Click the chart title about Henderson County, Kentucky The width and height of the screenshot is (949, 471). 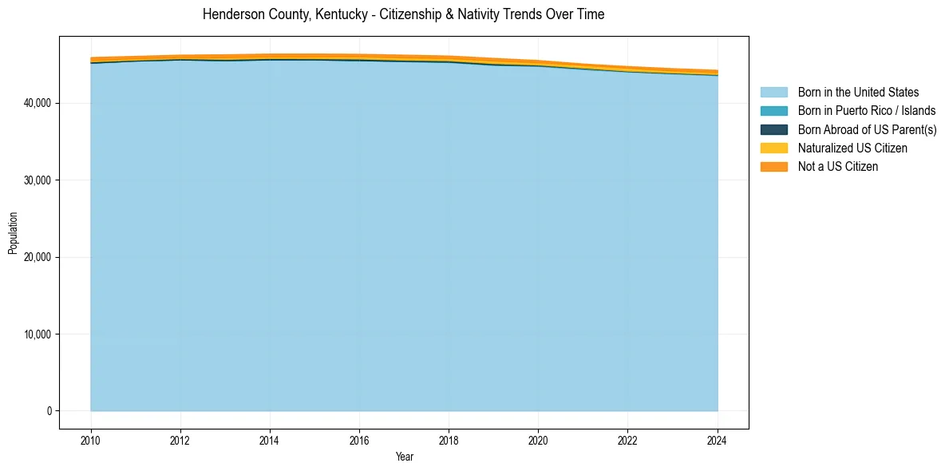point(403,14)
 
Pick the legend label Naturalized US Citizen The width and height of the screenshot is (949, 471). point(852,148)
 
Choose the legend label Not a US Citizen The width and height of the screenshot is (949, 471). point(837,167)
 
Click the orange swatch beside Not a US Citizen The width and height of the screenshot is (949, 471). point(773,167)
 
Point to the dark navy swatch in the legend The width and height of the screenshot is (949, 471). point(773,129)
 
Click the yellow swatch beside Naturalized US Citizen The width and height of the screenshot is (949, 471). point(773,148)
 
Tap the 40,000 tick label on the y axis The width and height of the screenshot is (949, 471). point(38,103)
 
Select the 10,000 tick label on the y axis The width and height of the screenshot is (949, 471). point(38,334)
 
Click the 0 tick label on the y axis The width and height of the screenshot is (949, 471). point(49,411)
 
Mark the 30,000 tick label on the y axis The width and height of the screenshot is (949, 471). point(38,180)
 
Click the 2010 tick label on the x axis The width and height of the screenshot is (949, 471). point(91,439)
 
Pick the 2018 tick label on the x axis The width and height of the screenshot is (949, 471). point(449,439)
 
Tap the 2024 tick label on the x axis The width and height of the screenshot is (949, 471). point(717,439)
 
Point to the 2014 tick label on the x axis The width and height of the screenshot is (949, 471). point(270,439)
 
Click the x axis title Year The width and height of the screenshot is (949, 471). point(404,457)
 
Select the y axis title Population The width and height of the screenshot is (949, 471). point(13,233)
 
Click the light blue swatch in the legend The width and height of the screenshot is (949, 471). point(773,93)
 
